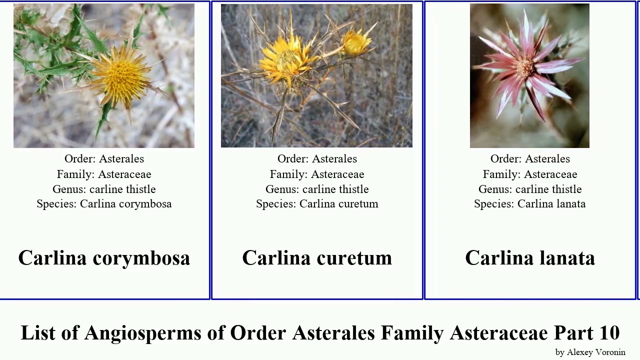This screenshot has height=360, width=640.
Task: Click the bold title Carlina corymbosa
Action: pos(104,258)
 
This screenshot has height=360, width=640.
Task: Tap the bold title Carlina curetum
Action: pos(317,258)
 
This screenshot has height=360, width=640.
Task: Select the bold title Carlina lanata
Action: pos(530,258)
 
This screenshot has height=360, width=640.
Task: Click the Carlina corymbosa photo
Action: pos(104,75)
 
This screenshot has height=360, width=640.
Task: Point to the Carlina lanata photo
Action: pos(529,75)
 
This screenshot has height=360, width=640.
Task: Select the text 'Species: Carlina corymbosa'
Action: pos(104,204)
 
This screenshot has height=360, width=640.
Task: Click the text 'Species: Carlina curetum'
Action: pos(317,204)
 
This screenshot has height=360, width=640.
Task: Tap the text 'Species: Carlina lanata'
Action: pos(529,204)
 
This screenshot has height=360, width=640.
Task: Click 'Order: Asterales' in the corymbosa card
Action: pos(104,159)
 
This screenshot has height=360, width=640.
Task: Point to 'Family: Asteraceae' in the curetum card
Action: pos(317,174)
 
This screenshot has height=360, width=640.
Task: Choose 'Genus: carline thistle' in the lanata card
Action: pos(529,189)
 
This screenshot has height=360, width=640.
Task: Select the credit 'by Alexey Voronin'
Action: pos(590,352)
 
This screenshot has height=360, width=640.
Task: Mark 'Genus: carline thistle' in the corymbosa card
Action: pos(104,189)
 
